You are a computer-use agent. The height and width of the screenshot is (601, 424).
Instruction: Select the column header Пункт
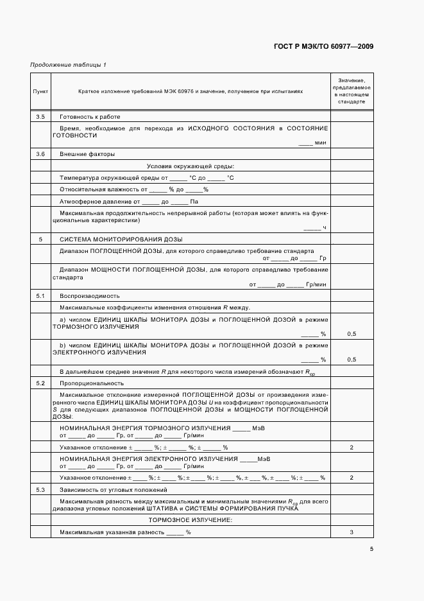pyautogui.click(x=40, y=92)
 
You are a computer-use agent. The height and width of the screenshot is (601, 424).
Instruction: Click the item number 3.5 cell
pyautogui.click(x=40, y=117)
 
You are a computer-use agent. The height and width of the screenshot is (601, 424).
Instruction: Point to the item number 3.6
pyautogui.click(x=40, y=154)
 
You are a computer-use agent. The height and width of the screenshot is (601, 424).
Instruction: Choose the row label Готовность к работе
pyautogui.click(x=90, y=117)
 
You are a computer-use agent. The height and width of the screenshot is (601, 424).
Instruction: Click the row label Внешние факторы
pyautogui.click(x=87, y=154)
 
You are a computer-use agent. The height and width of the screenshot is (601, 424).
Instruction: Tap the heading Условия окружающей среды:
pyautogui.click(x=191, y=166)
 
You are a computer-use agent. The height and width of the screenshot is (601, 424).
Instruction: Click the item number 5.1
pyautogui.click(x=40, y=296)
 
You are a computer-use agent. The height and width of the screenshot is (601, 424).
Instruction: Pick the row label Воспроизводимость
pyautogui.click(x=89, y=296)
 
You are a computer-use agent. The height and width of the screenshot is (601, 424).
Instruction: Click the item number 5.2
pyautogui.click(x=40, y=383)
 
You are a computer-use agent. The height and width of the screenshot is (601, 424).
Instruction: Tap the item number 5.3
pyautogui.click(x=40, y=490)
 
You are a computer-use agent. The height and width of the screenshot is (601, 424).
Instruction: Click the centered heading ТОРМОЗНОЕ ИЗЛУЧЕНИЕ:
pyautogui.click(x=191, y=519)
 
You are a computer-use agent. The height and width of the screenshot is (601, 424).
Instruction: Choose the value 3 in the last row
pyautogui.click(x=352, y=532)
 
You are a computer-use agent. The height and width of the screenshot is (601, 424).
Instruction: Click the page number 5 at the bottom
pyautogui.click(x=371, y=549)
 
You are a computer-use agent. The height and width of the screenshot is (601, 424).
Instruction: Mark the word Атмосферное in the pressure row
pyautogui.click(x=79, y=201)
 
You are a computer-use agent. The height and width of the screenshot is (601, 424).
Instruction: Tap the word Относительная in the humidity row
pyautogui.click(x=81, y=189)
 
